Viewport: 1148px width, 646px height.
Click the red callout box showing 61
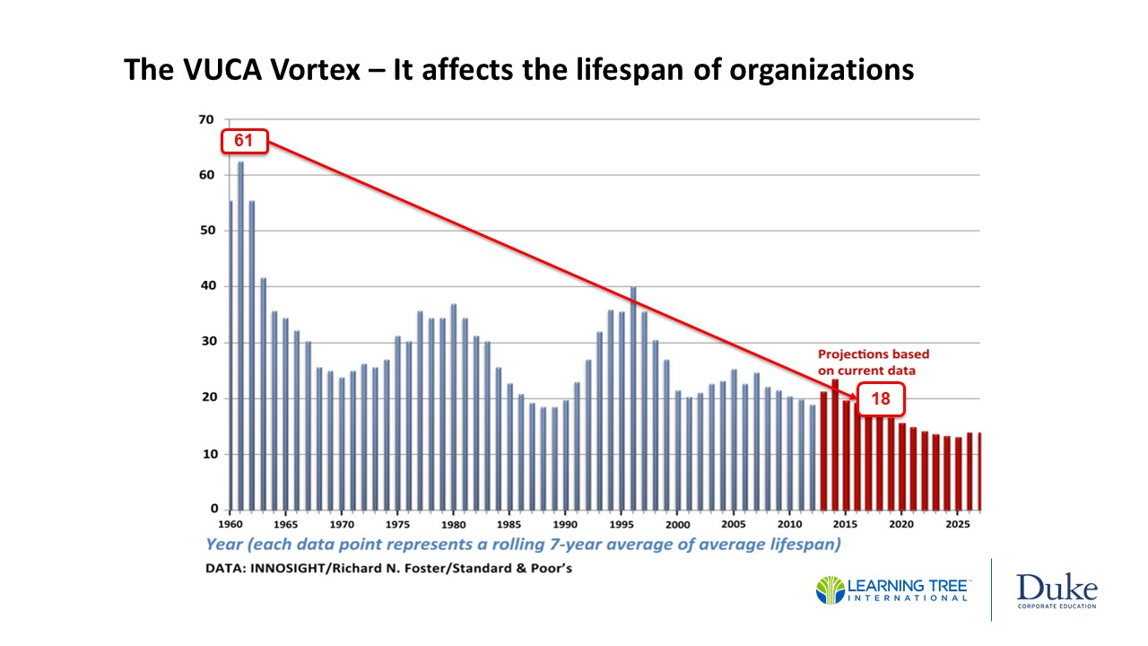click(243, 141)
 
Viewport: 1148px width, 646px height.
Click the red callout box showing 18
click(883, 399)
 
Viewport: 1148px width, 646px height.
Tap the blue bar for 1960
click(230, 354)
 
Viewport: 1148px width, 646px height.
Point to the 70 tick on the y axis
click(206, 119)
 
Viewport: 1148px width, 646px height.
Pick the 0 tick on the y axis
click(211, 509)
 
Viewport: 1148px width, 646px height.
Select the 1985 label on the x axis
click(509, 524)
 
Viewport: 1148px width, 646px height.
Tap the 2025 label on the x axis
click(957, 524)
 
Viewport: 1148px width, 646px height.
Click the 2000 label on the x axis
click(677, 524)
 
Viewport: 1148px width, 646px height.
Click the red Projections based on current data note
click(872, 362)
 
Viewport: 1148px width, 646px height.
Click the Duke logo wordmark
click(1057, 589)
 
